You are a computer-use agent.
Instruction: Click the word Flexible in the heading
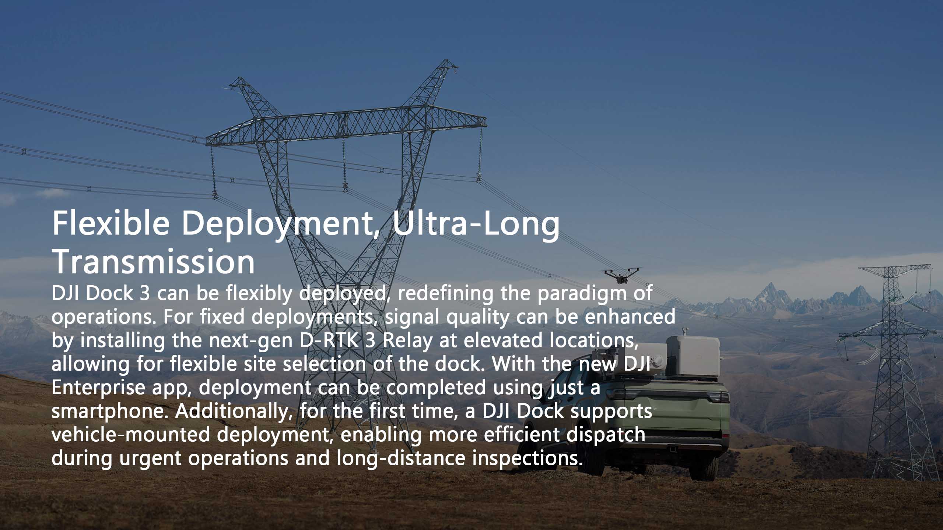point(111,223)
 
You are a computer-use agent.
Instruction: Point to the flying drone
point(623,275)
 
